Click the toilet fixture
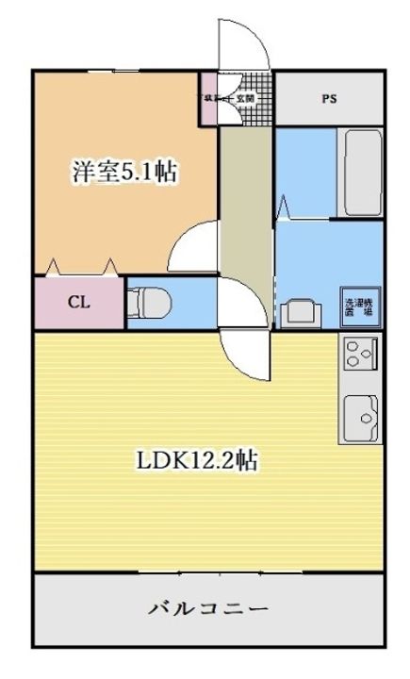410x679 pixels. (x=150, y=303)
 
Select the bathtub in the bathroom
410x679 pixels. (x=358, y=172)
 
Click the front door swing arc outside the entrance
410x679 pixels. (x=241, y=42)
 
